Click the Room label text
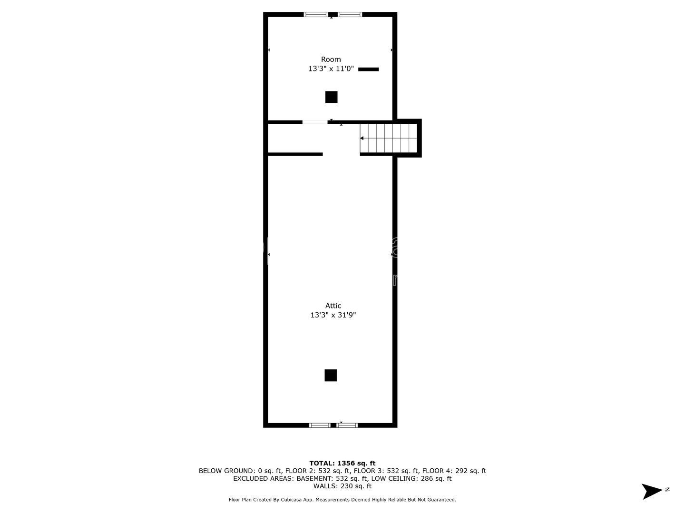pyautogui.click(x=331, y=59)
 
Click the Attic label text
pyautogui.click(x=333, y=306)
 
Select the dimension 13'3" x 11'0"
pyautogui.click(x=331, y=69)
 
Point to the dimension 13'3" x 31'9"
pyautogui.click(x=333, y=315)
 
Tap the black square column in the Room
pyautogui.click(x=331, y=97)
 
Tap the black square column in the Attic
pyautogui.click(x=331, y=376)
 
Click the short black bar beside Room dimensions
pyautogui.click(x=368, y=69)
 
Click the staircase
pyautogui.click(x=388, y=138)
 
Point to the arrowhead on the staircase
pyautogui.click(x=362, y=138)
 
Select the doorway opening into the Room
pyautogui.click(x=315, y=122)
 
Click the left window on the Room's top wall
pyautogui.click(x=316, y=14)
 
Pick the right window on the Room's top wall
pyautogui.click(x=350, y=14)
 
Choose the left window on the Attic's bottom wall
pyautogui.click(x=320, y=425)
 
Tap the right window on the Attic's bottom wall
pyautogui.click(x=347, y=425)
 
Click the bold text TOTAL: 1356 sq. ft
pyautogui.click(x=342, y=463)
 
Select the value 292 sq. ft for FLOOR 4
pyautogui.click(x=470, y=471)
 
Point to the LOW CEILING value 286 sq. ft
pyautogui.click(x=436, y=478)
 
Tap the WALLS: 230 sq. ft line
pyautogui.click(x=342, y=486)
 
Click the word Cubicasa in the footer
pyautogui.click(x=291, y=500)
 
